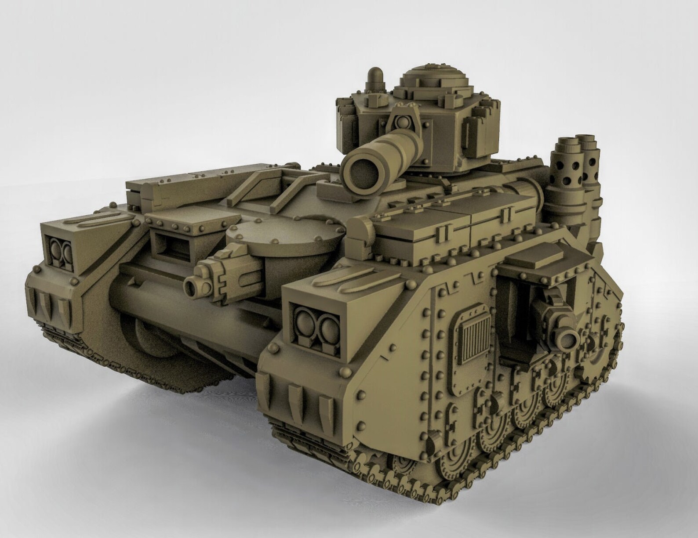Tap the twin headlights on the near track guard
click(x=315, y=328)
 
